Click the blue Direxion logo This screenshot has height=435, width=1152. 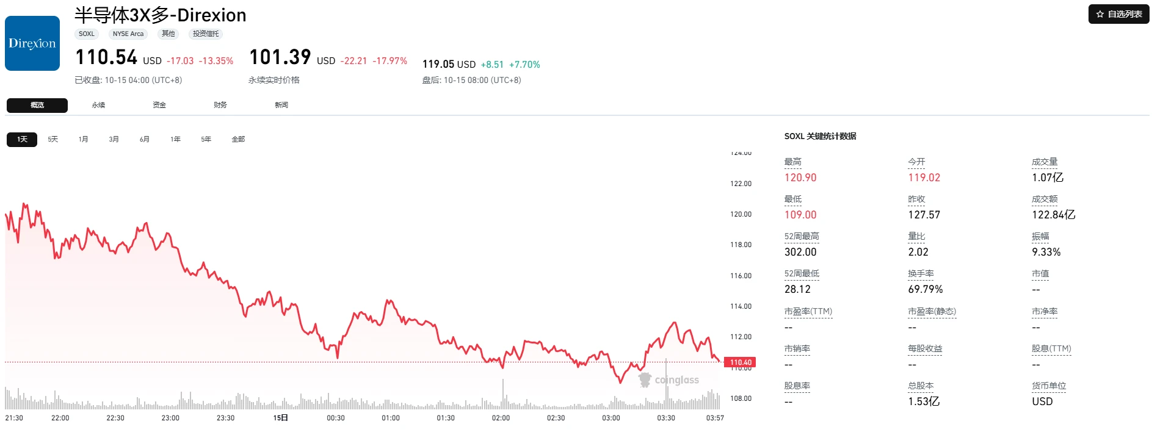(x=32, y=43)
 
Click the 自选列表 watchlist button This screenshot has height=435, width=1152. (x=1118, y=14)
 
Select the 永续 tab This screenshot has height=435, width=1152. (x=98, y=105)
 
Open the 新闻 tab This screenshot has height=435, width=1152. (x=281, y=105)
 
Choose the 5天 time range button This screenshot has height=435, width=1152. (x=53, y=139)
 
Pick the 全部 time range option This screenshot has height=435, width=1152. (x=238, y=139)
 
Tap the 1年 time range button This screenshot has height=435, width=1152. (x=176, y=139)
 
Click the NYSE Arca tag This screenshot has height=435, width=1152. (x=128, y=34)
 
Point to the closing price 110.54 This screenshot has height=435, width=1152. (x=106, y=57)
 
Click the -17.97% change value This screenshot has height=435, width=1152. (x=390, y=61)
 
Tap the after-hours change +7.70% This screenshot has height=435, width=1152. (x=524, y=65)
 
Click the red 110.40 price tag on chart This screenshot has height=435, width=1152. (x=740, y=362)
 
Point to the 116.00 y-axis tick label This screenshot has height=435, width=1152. (x=741, y=276)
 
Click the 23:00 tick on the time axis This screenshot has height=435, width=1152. (x=170, y=418)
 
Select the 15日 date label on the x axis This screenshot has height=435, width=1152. (x=281, y=418)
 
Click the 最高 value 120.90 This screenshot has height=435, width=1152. (x=800, y=178)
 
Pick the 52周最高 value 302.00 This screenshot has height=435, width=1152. (x=800, y=252)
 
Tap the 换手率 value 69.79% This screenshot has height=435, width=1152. (x=926, y=289)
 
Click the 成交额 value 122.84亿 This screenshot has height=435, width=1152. (x=1054, y=215)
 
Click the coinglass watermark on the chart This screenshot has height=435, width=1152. (x=668, y=380)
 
